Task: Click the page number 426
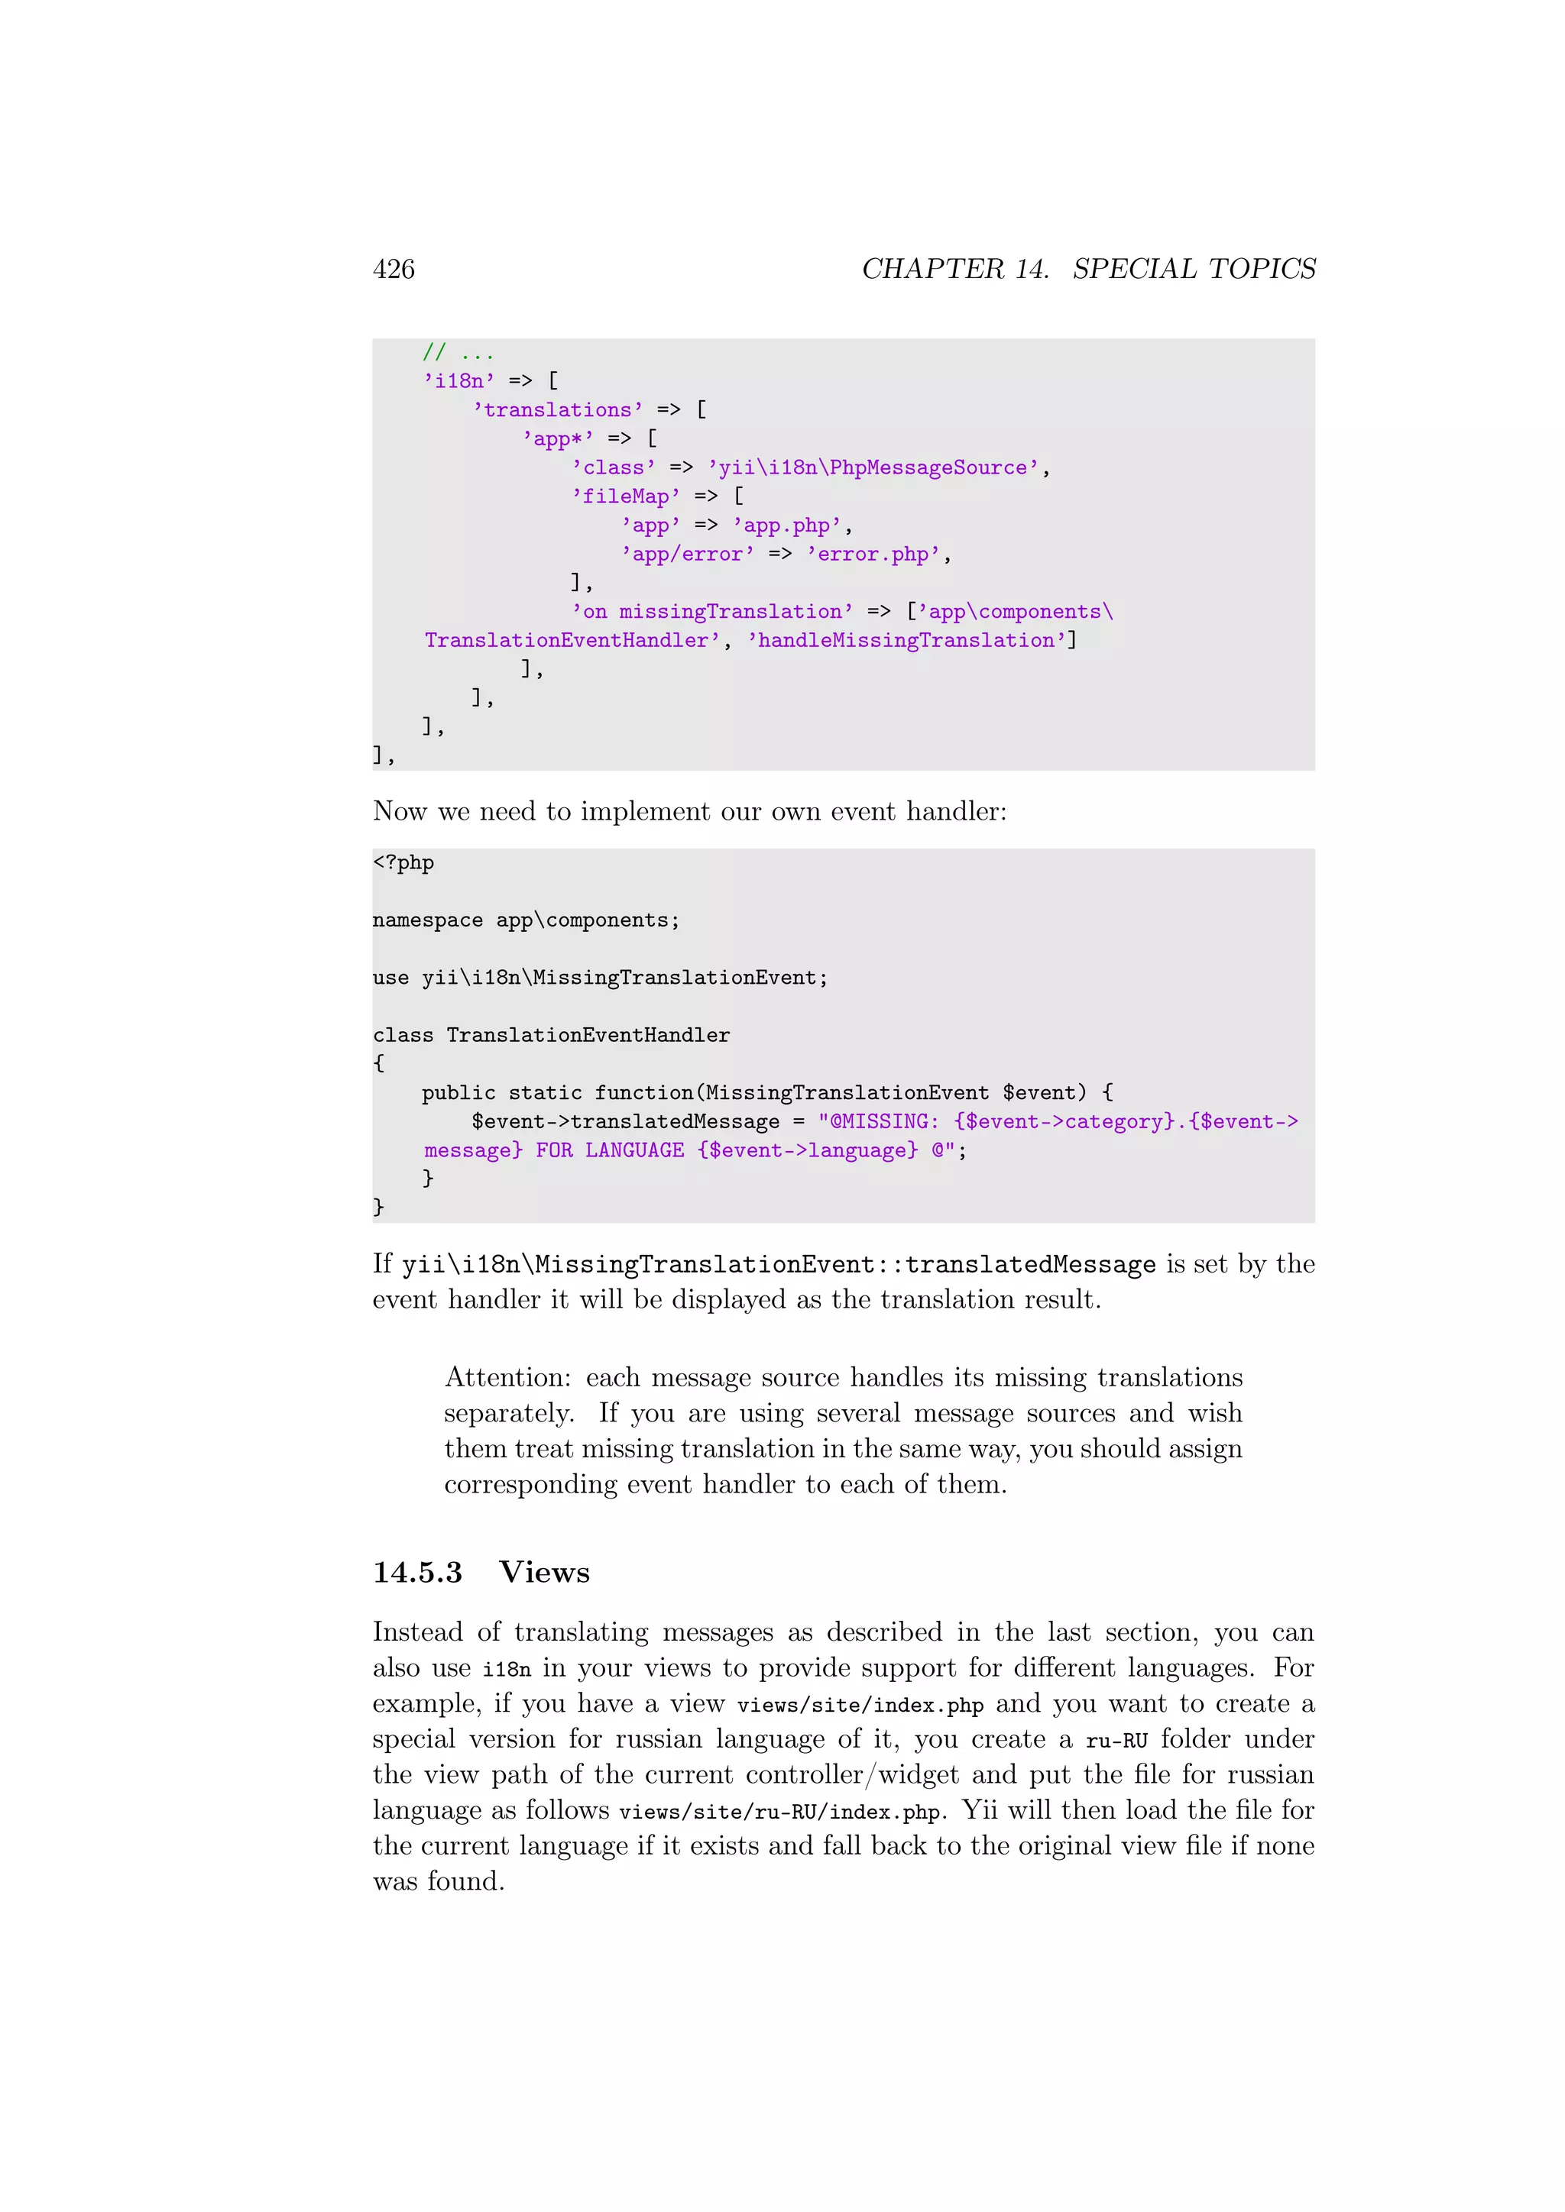pyautogui.click(x=394, y=269)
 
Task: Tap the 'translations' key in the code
pyautogui.click(x=558, y=410)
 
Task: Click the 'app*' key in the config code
pyautogui.click(x=558, y=439)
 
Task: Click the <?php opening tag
pyautogui.click(x=403, y=862)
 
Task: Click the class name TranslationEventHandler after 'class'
pyautogui.click(x=588, y=1036)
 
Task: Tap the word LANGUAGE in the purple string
pyautogui.click(x=634, y=1150)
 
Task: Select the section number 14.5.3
pyautogui.click(x=417, y=1572)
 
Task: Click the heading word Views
pyautogui.click(x=545, y=1572)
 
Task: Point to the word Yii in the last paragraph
pyautogui.click(x=979, y=1810)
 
